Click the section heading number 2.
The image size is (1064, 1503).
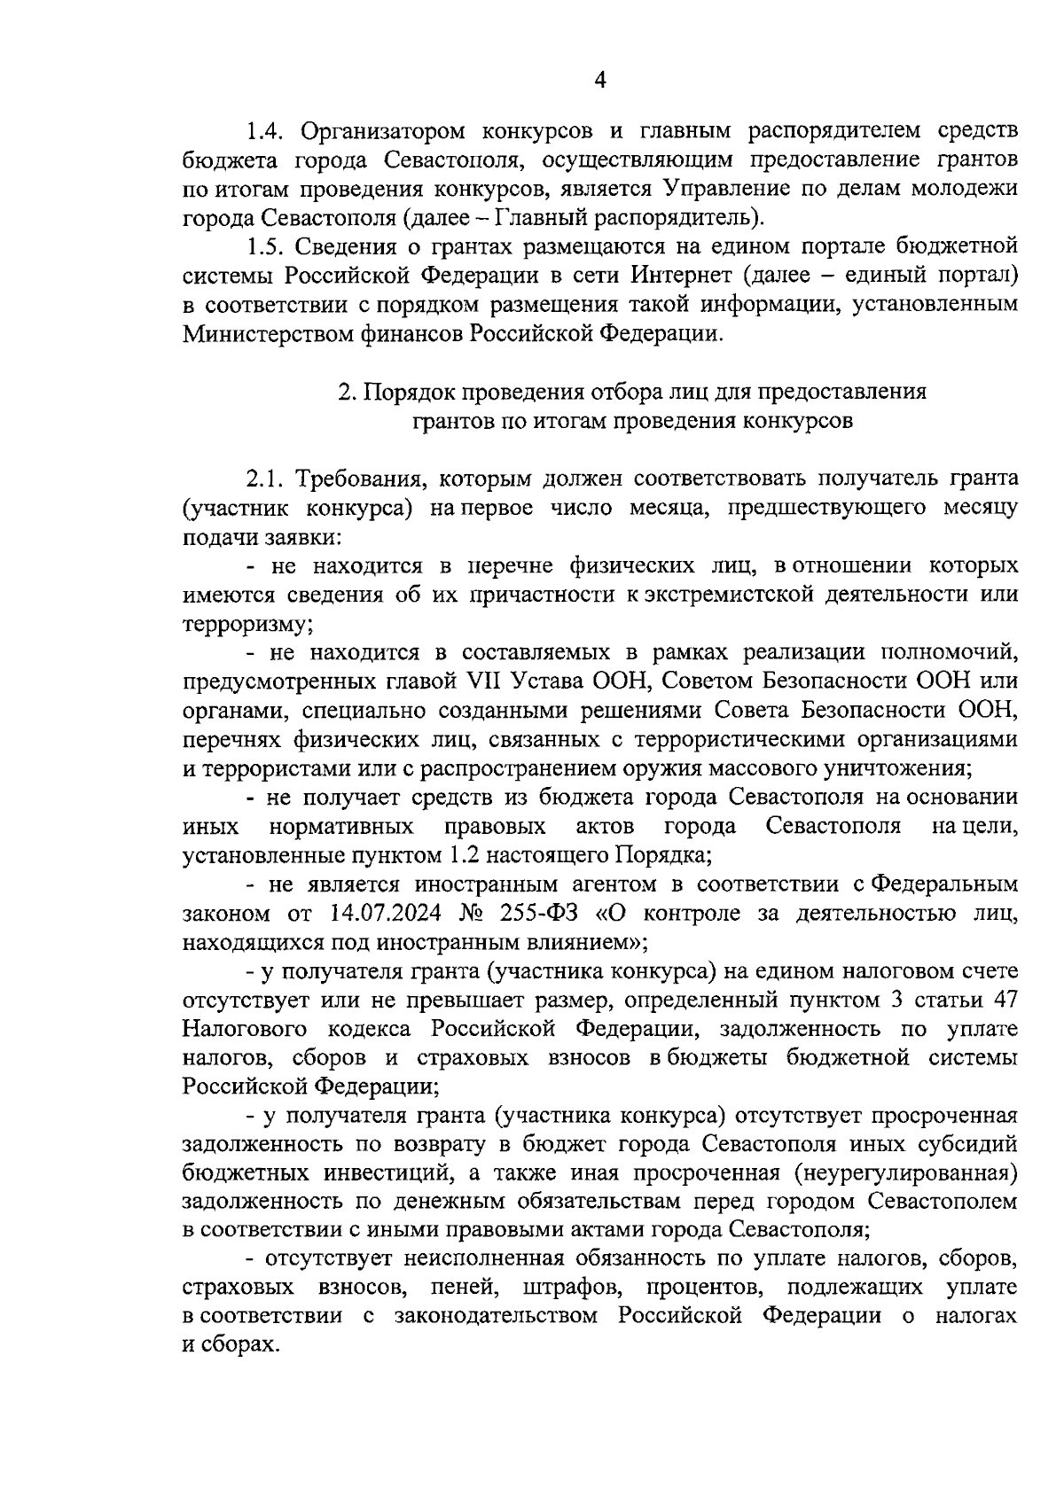tap(348, 391)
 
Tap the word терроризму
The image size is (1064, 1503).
tap(247, 623)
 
